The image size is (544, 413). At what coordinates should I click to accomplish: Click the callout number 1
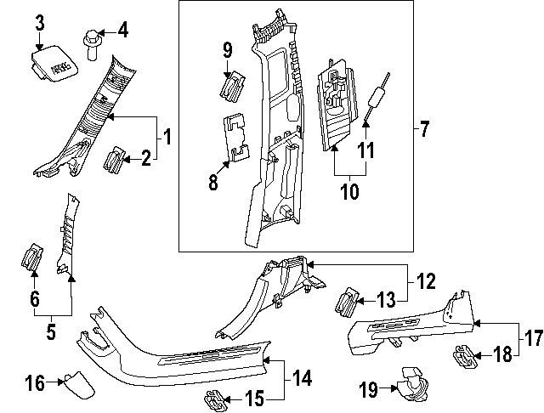click(167, 136)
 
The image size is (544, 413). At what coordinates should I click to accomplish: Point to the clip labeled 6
click(31, 258)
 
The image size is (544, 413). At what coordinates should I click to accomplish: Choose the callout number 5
click(51, 332)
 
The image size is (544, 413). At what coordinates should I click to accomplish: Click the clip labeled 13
click(349, 299)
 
